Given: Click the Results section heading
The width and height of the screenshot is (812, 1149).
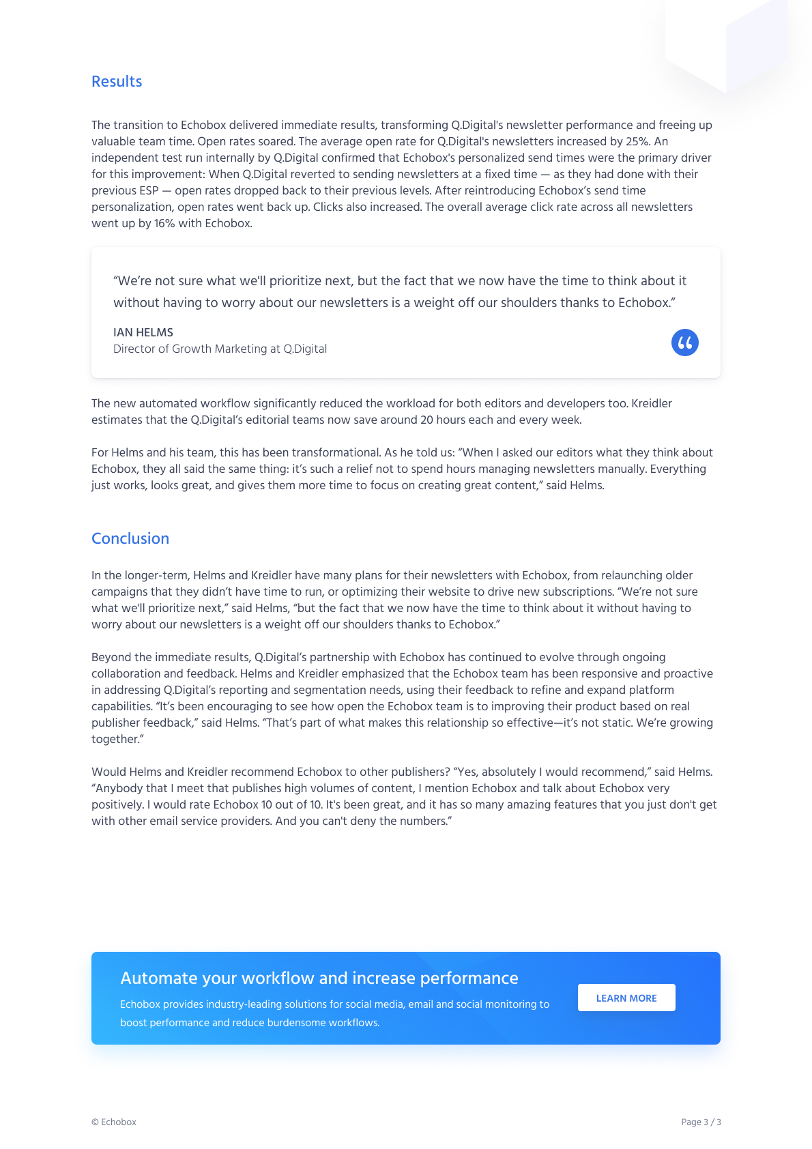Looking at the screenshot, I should [x=117, y=82].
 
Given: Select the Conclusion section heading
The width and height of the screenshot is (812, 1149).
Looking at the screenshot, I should [x=130, y=539].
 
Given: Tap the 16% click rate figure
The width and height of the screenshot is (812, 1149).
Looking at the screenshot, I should [x=164, y=224].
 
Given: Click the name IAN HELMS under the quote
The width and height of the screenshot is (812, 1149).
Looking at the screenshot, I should [x=143, y=333].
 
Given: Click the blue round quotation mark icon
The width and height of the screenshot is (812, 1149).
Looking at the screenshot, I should [x=684, y=343].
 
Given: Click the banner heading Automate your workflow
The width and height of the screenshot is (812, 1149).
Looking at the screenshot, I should [x=319, y=978].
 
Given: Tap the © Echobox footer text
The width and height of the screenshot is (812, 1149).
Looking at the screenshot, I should [x=114, y=1122].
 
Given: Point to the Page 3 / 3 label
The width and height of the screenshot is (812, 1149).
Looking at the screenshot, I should [x=701, y=1122].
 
